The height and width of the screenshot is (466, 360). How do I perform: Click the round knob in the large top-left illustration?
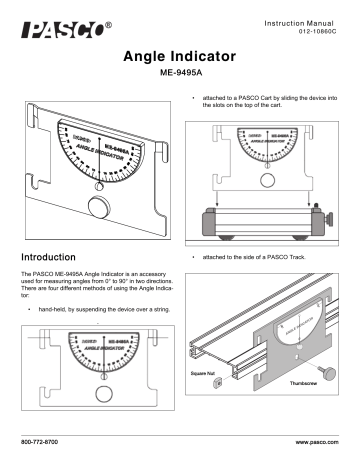coord(97,207)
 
